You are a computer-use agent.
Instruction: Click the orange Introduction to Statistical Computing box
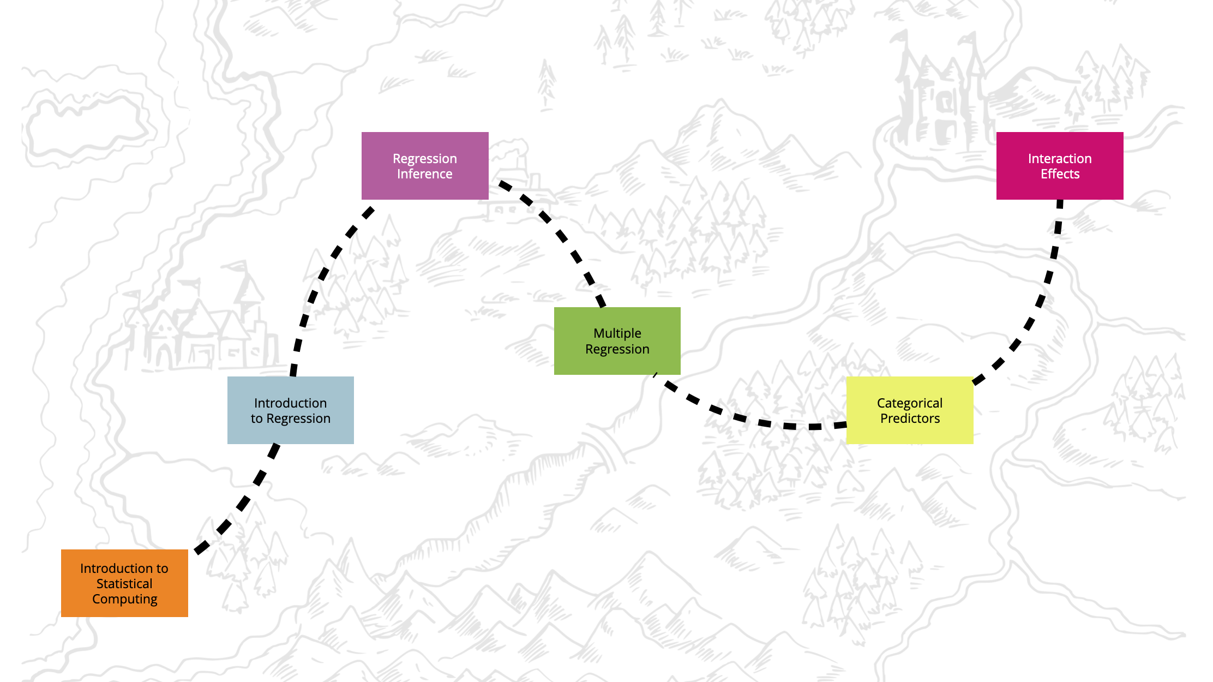124,583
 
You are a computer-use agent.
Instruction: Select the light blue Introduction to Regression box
290,410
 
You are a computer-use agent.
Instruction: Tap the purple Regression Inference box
425,165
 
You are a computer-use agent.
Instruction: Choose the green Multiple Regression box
617,340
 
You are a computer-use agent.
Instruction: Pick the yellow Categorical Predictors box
909,410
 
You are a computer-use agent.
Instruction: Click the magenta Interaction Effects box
1059,165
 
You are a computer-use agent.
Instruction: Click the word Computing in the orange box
124,599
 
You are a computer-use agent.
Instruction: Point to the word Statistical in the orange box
124,584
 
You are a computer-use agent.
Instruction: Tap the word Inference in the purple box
424,174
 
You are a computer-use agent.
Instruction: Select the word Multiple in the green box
617,333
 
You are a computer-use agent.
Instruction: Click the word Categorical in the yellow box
909,403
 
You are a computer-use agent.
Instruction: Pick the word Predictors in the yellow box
910,418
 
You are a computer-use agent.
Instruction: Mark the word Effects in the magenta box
1060,174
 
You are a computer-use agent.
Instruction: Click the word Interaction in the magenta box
1059,159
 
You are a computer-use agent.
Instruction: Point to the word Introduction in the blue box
290,403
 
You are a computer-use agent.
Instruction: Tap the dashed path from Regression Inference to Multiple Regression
562,236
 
